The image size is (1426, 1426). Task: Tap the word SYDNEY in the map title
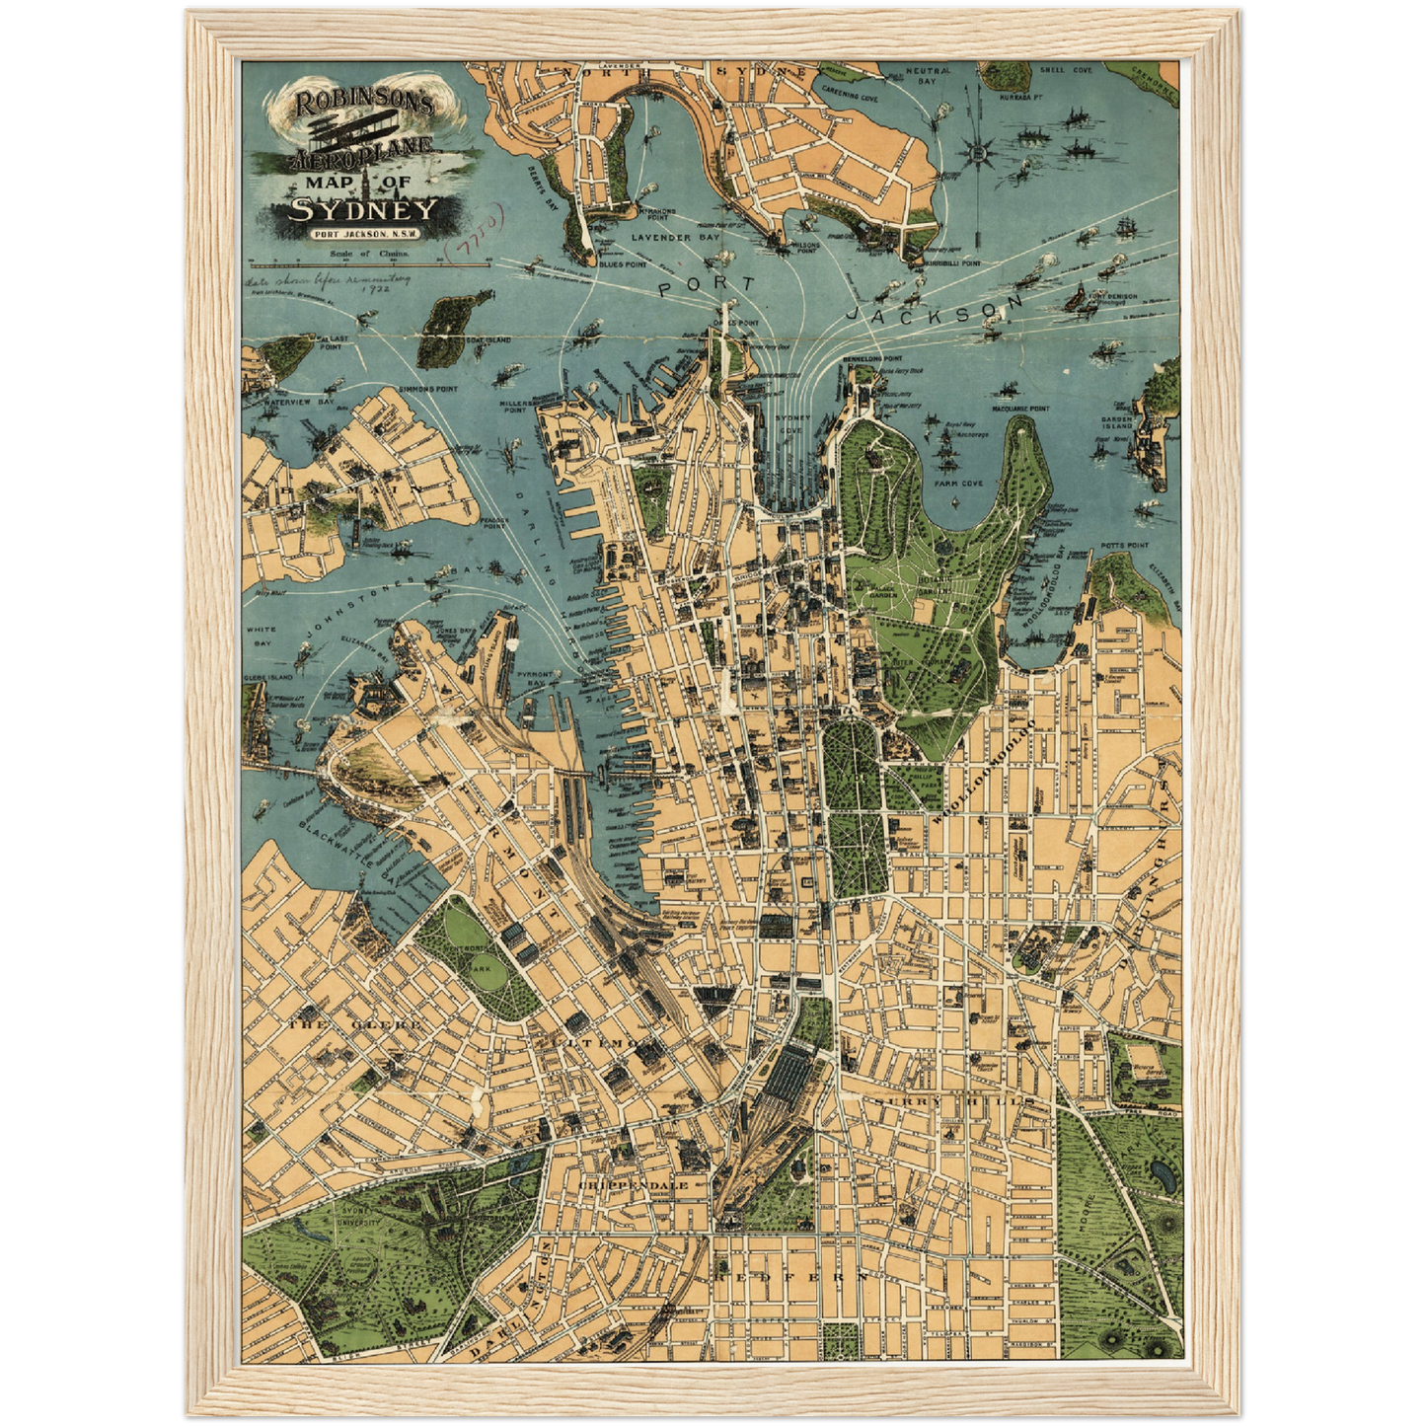click(362, 210)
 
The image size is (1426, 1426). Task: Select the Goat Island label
click(488, 339)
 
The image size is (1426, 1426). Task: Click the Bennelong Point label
click(872, 358)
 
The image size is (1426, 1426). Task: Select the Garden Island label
click(1116, 421)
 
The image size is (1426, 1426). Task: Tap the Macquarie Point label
click(1019, 408)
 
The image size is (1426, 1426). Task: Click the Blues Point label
click(623, 264)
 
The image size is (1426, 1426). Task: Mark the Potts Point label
click(1125, 545)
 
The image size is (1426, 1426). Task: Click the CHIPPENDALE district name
click(633, 1184)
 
